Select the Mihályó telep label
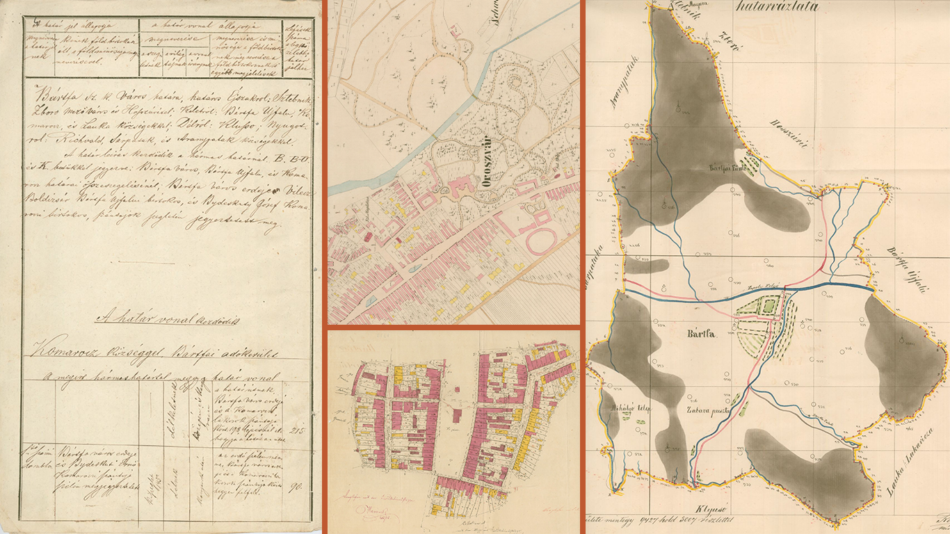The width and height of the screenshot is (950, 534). (x=627, y=409)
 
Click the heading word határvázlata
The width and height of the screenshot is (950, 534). (x=777, y=8)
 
